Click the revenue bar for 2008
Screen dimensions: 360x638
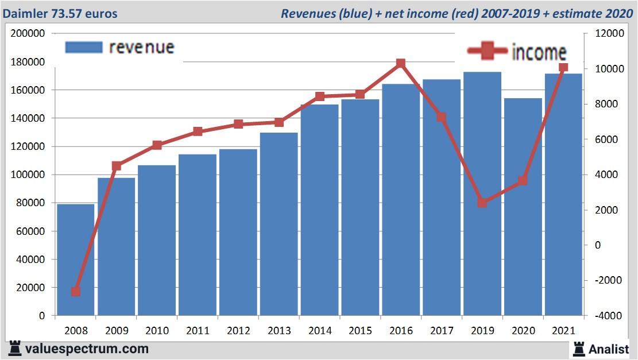pyautogui.click(x=75, y=260)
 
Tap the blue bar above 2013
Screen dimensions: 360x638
pyautogui.click(x=279, y=224)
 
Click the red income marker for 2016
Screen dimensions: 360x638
pyautogui.click(x=401, y=64)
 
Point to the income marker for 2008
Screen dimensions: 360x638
pyautogui.click(x=76, y=292)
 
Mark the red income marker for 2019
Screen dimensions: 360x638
pyautogui.click(x=482, y=203)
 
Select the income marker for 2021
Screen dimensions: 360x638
pyautogui.click(x=563, y=68)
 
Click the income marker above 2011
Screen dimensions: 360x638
pyautogui.click(x=198, y=131)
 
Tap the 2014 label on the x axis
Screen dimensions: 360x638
pyautogui.click(x=320, y=331)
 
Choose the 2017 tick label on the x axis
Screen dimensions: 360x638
pyautogui.click(x=442, y=331)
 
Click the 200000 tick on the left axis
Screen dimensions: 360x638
pyautogui.click(x=28, y=33)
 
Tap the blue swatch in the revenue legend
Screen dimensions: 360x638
pyautogui.click(x=84, y=48)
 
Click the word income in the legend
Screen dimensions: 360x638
pyautogui.click(x=539, y=53)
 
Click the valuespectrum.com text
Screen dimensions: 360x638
pyautogui.click(x=86, y=349)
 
